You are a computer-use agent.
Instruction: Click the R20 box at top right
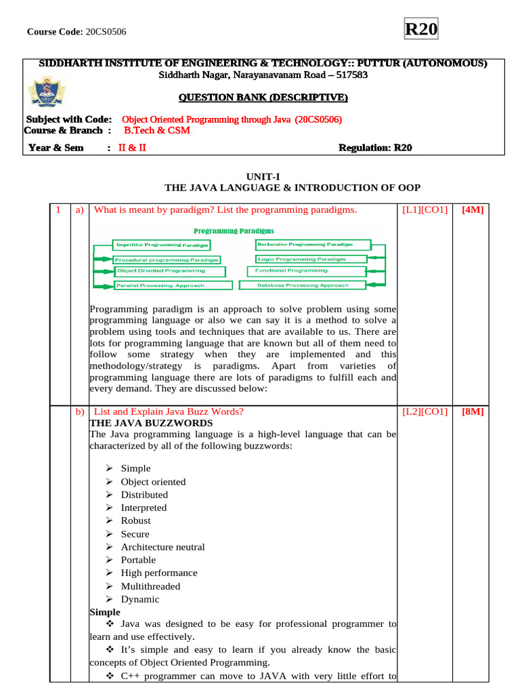tap(421, 30)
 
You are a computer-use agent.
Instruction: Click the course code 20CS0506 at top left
tap(106, 32)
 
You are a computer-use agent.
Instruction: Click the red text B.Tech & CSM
tap(156, 130)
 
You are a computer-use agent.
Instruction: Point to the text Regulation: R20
tap(374, 148)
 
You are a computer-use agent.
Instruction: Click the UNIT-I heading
tap(259, 176)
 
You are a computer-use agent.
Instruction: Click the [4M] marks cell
tap(472, 210)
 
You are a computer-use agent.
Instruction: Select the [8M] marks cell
tap(472, 411)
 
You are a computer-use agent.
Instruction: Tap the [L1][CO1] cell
tap(425, 210)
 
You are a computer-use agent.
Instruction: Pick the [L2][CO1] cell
tap(425, 411)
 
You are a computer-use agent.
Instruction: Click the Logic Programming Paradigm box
tap(311, 259)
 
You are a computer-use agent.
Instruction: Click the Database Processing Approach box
tap(302, 285)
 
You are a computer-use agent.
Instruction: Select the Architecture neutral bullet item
tap(162, 547)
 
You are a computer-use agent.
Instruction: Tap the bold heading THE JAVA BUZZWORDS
tap(142, 422)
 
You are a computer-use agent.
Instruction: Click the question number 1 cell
tap(60, 210)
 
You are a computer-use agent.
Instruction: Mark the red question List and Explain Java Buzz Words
tap(168, 411)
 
